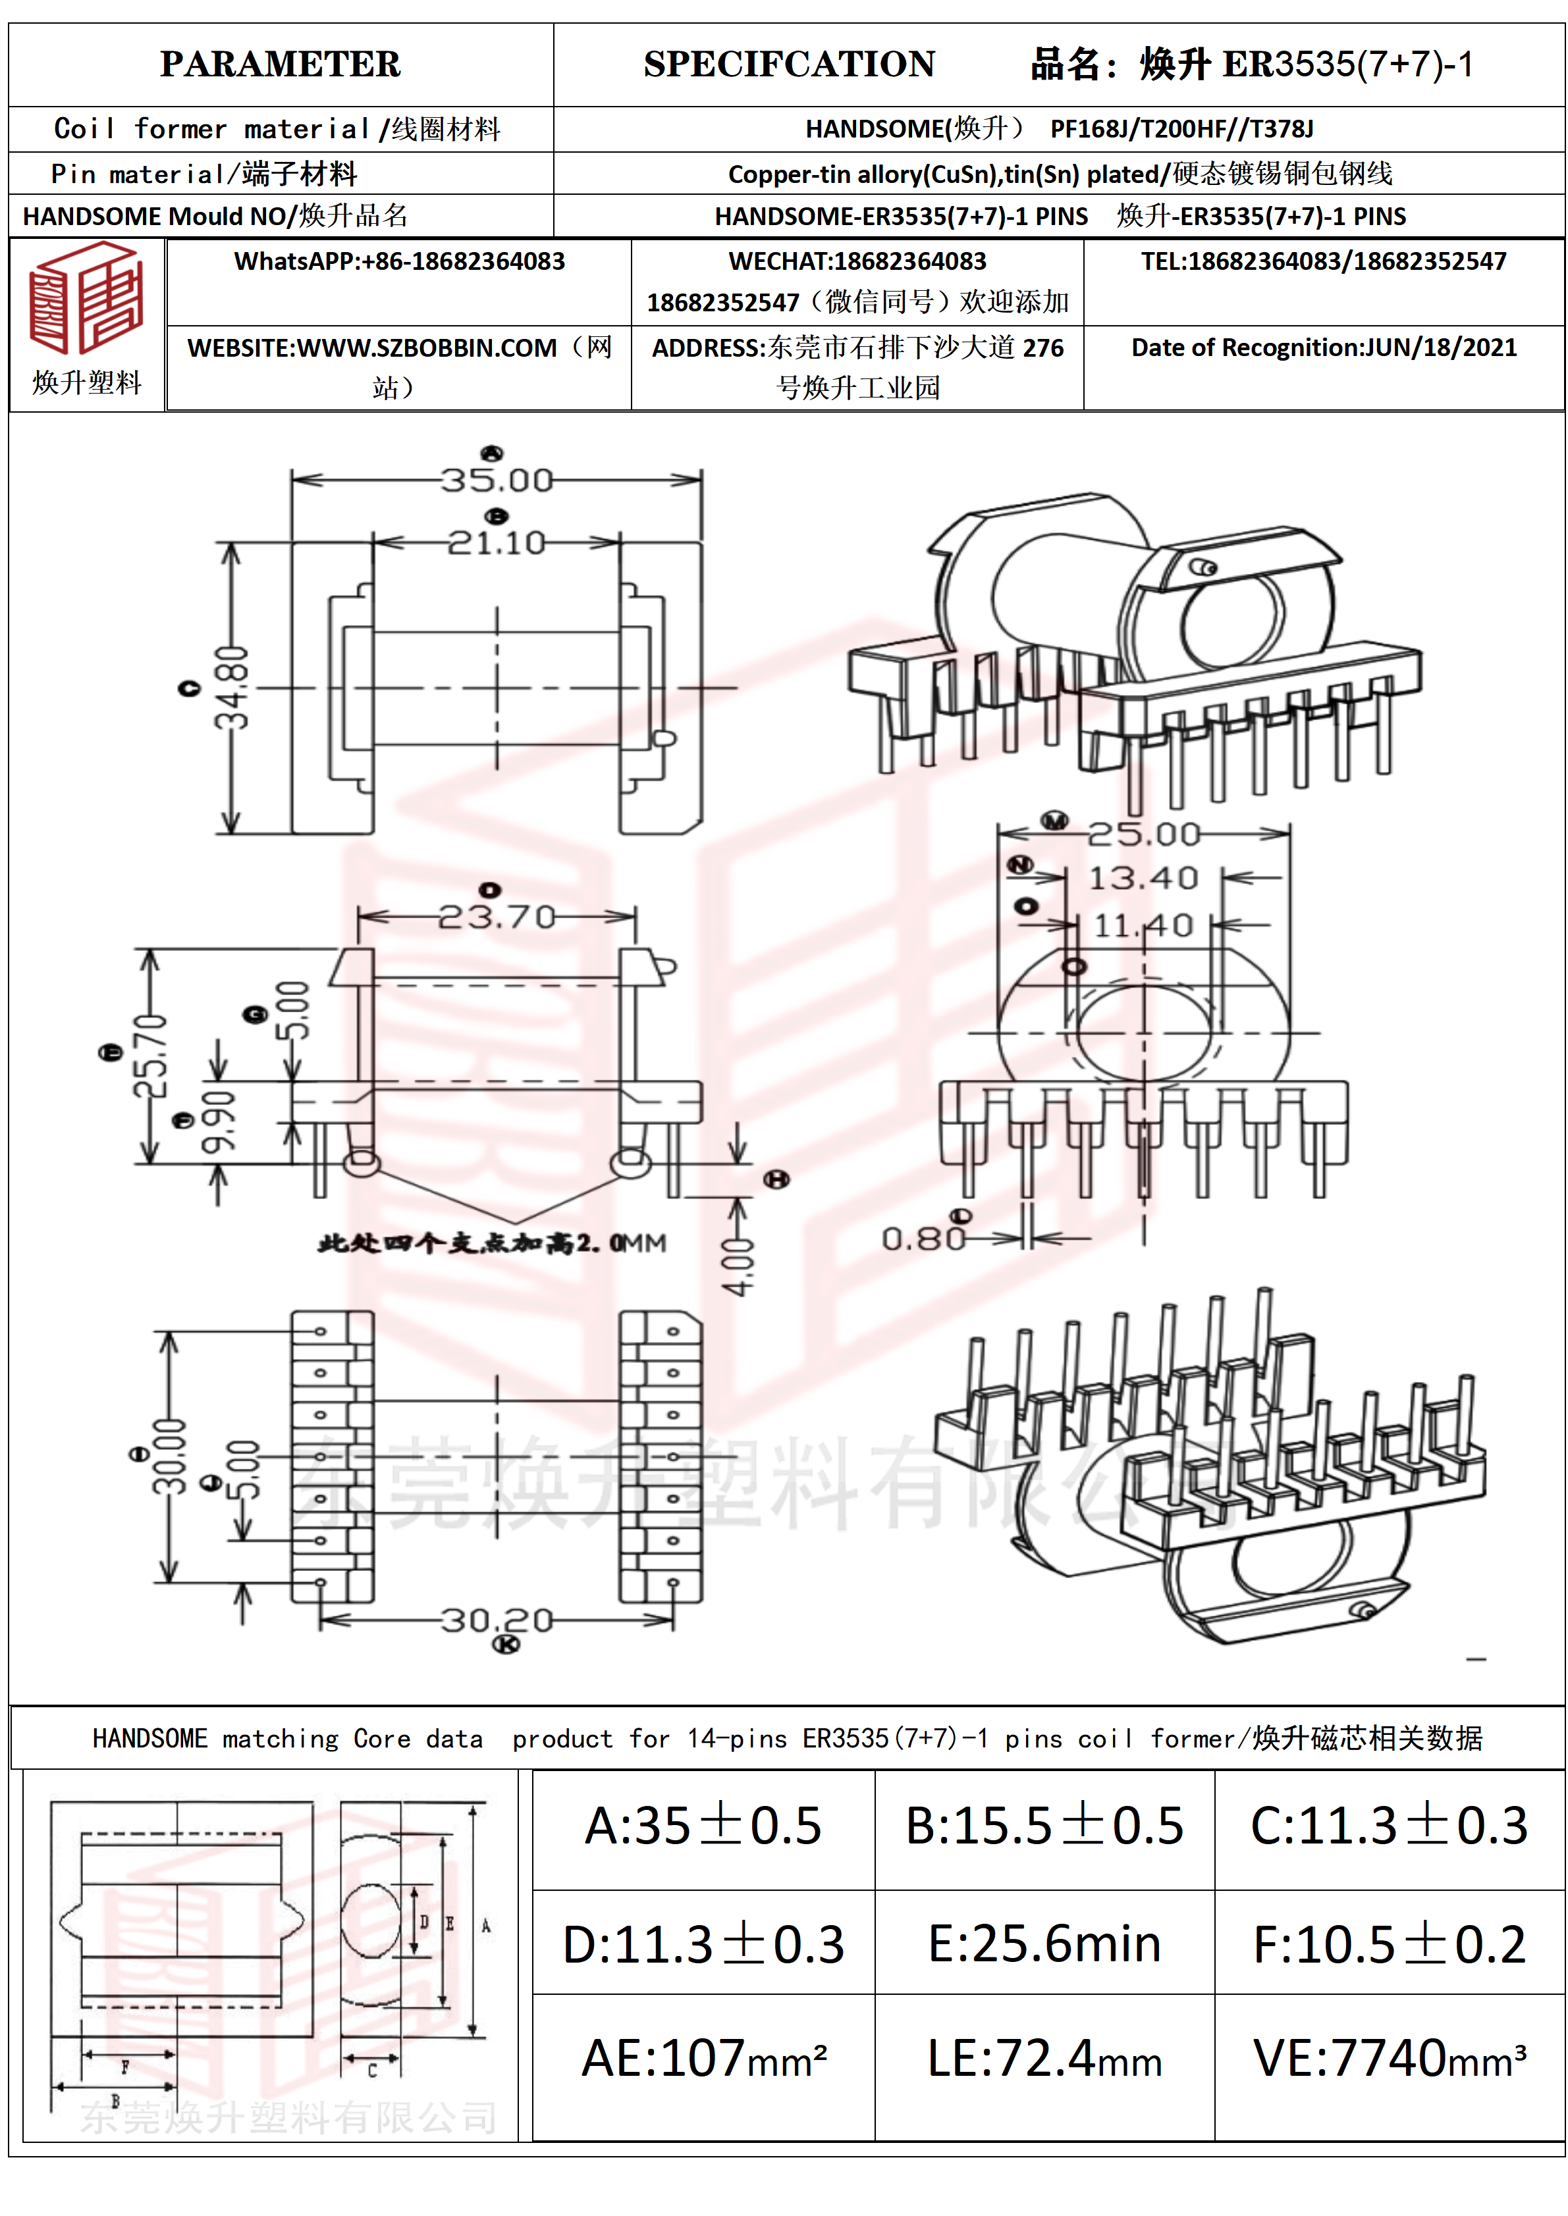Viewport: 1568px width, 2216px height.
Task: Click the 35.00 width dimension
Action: pyautogui.click(x=497, y=480)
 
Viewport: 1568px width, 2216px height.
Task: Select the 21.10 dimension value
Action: pyautogui.click(x=497, y=542)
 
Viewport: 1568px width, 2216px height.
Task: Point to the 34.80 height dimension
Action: pyautogui.click(x=232, y=687)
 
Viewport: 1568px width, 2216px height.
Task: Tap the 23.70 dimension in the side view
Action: pyautogui.click(x=497, y=916)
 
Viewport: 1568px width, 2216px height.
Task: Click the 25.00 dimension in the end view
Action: pyautogui.click(x=1144, y=834)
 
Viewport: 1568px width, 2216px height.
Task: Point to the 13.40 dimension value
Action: pyautogui.click(x=1143, y=878)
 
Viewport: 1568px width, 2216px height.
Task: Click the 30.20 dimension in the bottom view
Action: pyautogui.click(x=497, y=1620)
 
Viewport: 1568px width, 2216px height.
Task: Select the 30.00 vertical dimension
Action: pyautogui.click(x=171, y=1457)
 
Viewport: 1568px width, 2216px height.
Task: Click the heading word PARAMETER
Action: pyautogui.click(x=280, y=64)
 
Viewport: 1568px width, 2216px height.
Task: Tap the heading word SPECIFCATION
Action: pyautogui.click(x=789, y=64)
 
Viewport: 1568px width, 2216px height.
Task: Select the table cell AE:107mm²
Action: pyautogui.click(x=704, y=2057)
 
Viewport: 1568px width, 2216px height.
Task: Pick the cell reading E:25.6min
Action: pyautogui.click(x=1044, y=1944)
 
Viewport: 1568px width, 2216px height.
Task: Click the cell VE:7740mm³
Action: pyautogui.click(x=1390, y=2057)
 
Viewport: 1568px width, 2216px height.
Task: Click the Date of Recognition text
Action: pyautogui.click(x=1324, y=348)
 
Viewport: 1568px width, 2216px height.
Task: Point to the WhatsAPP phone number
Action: pyautogui.click(x=399, y=261)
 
